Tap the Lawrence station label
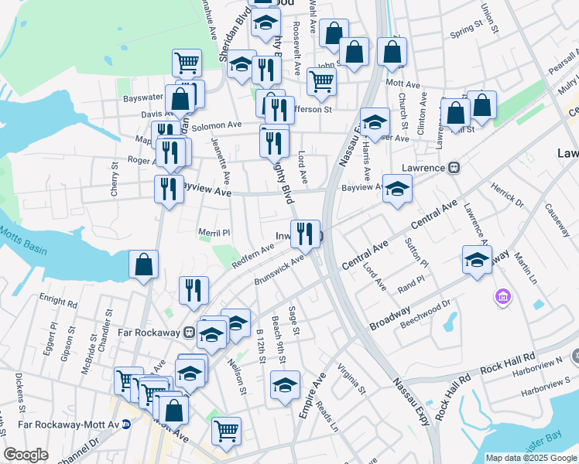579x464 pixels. (423, 168)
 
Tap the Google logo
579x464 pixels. (26, 455)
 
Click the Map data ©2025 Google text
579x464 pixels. (531, 458)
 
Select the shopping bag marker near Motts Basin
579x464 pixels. (144, 266)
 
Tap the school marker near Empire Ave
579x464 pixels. (285, 385)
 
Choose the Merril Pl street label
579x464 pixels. (214, 232)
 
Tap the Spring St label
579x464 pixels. (467, 30)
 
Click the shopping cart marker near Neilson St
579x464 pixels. (226, 432)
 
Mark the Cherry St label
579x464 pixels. (115, 177)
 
